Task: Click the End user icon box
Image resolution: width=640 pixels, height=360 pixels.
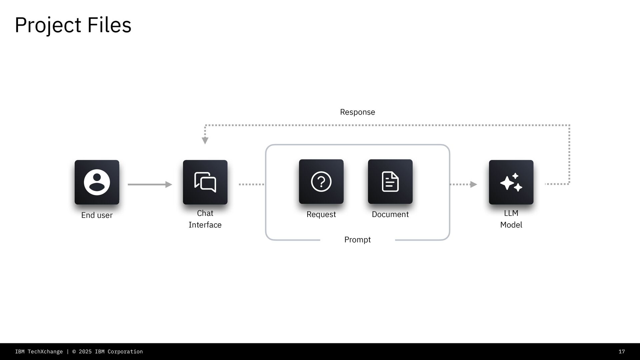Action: [97, 182]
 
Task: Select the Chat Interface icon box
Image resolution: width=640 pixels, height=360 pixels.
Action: [205, 182]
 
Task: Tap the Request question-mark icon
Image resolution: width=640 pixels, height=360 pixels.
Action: [321, 182]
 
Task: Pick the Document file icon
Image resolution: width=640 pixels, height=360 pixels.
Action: [390, 182]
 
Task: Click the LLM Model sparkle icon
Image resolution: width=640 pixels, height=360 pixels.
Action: [511, 182]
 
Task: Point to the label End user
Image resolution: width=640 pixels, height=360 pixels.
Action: [97, 215]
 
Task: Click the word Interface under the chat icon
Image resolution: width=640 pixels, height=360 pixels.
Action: [205, 225]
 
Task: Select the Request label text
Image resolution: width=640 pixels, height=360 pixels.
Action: [321, 214]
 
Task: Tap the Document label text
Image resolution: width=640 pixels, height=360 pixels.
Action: [390, 214]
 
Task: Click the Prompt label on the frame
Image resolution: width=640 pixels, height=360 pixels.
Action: [357, 240]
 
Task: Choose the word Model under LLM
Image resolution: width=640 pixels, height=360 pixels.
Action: [511, 225]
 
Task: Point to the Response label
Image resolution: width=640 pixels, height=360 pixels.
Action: [357, 112]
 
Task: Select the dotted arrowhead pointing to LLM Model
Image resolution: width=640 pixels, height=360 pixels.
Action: [473, 184]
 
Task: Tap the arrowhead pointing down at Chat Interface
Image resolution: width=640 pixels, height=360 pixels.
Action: [205, 141]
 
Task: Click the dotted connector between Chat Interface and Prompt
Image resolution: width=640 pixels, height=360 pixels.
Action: [251, 184]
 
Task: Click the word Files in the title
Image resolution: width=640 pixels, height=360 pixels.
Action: [109, 25]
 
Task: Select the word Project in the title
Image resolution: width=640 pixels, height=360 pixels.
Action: [48, 25]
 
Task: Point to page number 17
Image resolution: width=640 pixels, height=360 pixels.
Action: [622, 352]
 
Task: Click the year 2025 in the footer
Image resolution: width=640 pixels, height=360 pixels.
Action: [85, 352]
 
